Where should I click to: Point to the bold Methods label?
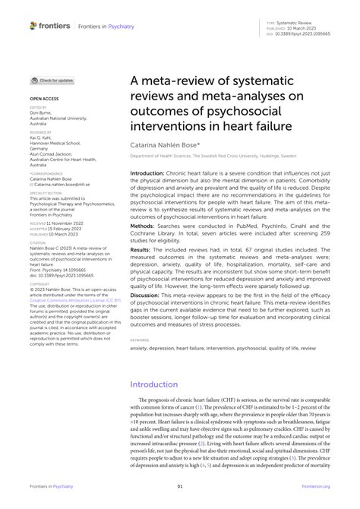tap(142, 247)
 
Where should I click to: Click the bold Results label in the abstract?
tap(141, 271)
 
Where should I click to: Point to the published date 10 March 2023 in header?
tap(304, 28)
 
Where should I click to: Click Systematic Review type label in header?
tap(302, 23)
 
